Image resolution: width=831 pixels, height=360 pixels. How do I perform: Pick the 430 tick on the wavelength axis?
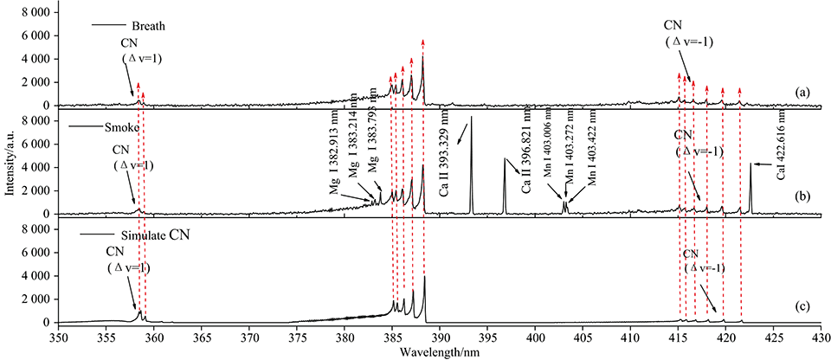[819, 336]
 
